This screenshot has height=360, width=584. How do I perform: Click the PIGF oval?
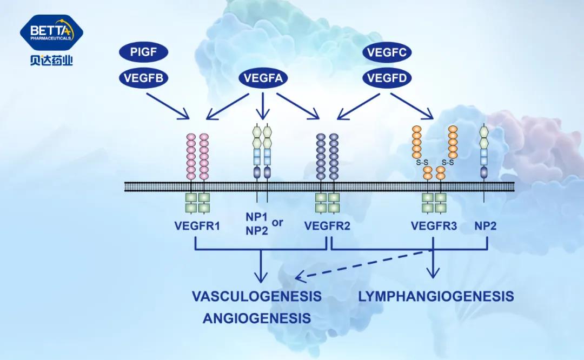(x=143, y=53)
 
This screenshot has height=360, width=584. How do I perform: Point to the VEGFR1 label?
(x=197, y=226)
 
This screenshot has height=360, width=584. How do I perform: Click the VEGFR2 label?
(x=328, y=226)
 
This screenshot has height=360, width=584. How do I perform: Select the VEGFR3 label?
(x=434, y=226)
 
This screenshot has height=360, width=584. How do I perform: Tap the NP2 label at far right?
(x=485, y=226)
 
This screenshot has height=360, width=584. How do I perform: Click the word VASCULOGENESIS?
(x=257, y=296)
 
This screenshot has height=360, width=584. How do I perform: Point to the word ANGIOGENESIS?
(x=257, y=318)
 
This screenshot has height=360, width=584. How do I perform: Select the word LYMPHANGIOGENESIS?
(x=436, y=296)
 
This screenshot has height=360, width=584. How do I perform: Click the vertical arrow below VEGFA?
(x=263, y=105)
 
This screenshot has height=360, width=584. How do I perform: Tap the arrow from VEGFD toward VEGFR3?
(x=412, y=105)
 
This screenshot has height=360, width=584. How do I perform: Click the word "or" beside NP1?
(x=278, y=221)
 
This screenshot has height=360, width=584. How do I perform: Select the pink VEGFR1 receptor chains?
(x=197, y=154)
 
